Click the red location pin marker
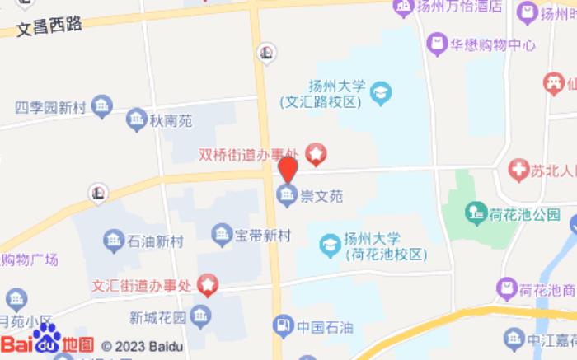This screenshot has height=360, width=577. pos(287,169)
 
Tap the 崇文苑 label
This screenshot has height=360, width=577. pos(321,196)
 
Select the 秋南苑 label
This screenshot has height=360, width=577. pos(170,121)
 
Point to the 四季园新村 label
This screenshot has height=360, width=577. pos(51,107)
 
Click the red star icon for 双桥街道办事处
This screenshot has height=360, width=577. pos(316,153)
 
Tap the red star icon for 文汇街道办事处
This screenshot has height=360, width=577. pos(207,285)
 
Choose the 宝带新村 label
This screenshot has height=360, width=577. pos(263,236)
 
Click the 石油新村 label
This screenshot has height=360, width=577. pos(155,241)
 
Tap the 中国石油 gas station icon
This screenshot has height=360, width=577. pos(283,325)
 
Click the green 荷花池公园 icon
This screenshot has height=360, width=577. pos(475,214)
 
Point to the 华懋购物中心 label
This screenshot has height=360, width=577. pos(493,44)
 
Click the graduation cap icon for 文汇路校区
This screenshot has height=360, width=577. pos(380,92)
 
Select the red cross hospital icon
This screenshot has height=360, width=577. pos(518,171)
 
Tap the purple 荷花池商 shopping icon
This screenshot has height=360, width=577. pos(506,289)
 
